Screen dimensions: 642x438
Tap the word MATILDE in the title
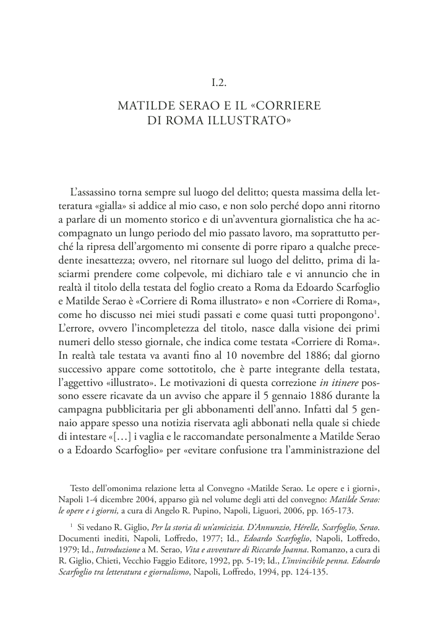pos(143,106)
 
